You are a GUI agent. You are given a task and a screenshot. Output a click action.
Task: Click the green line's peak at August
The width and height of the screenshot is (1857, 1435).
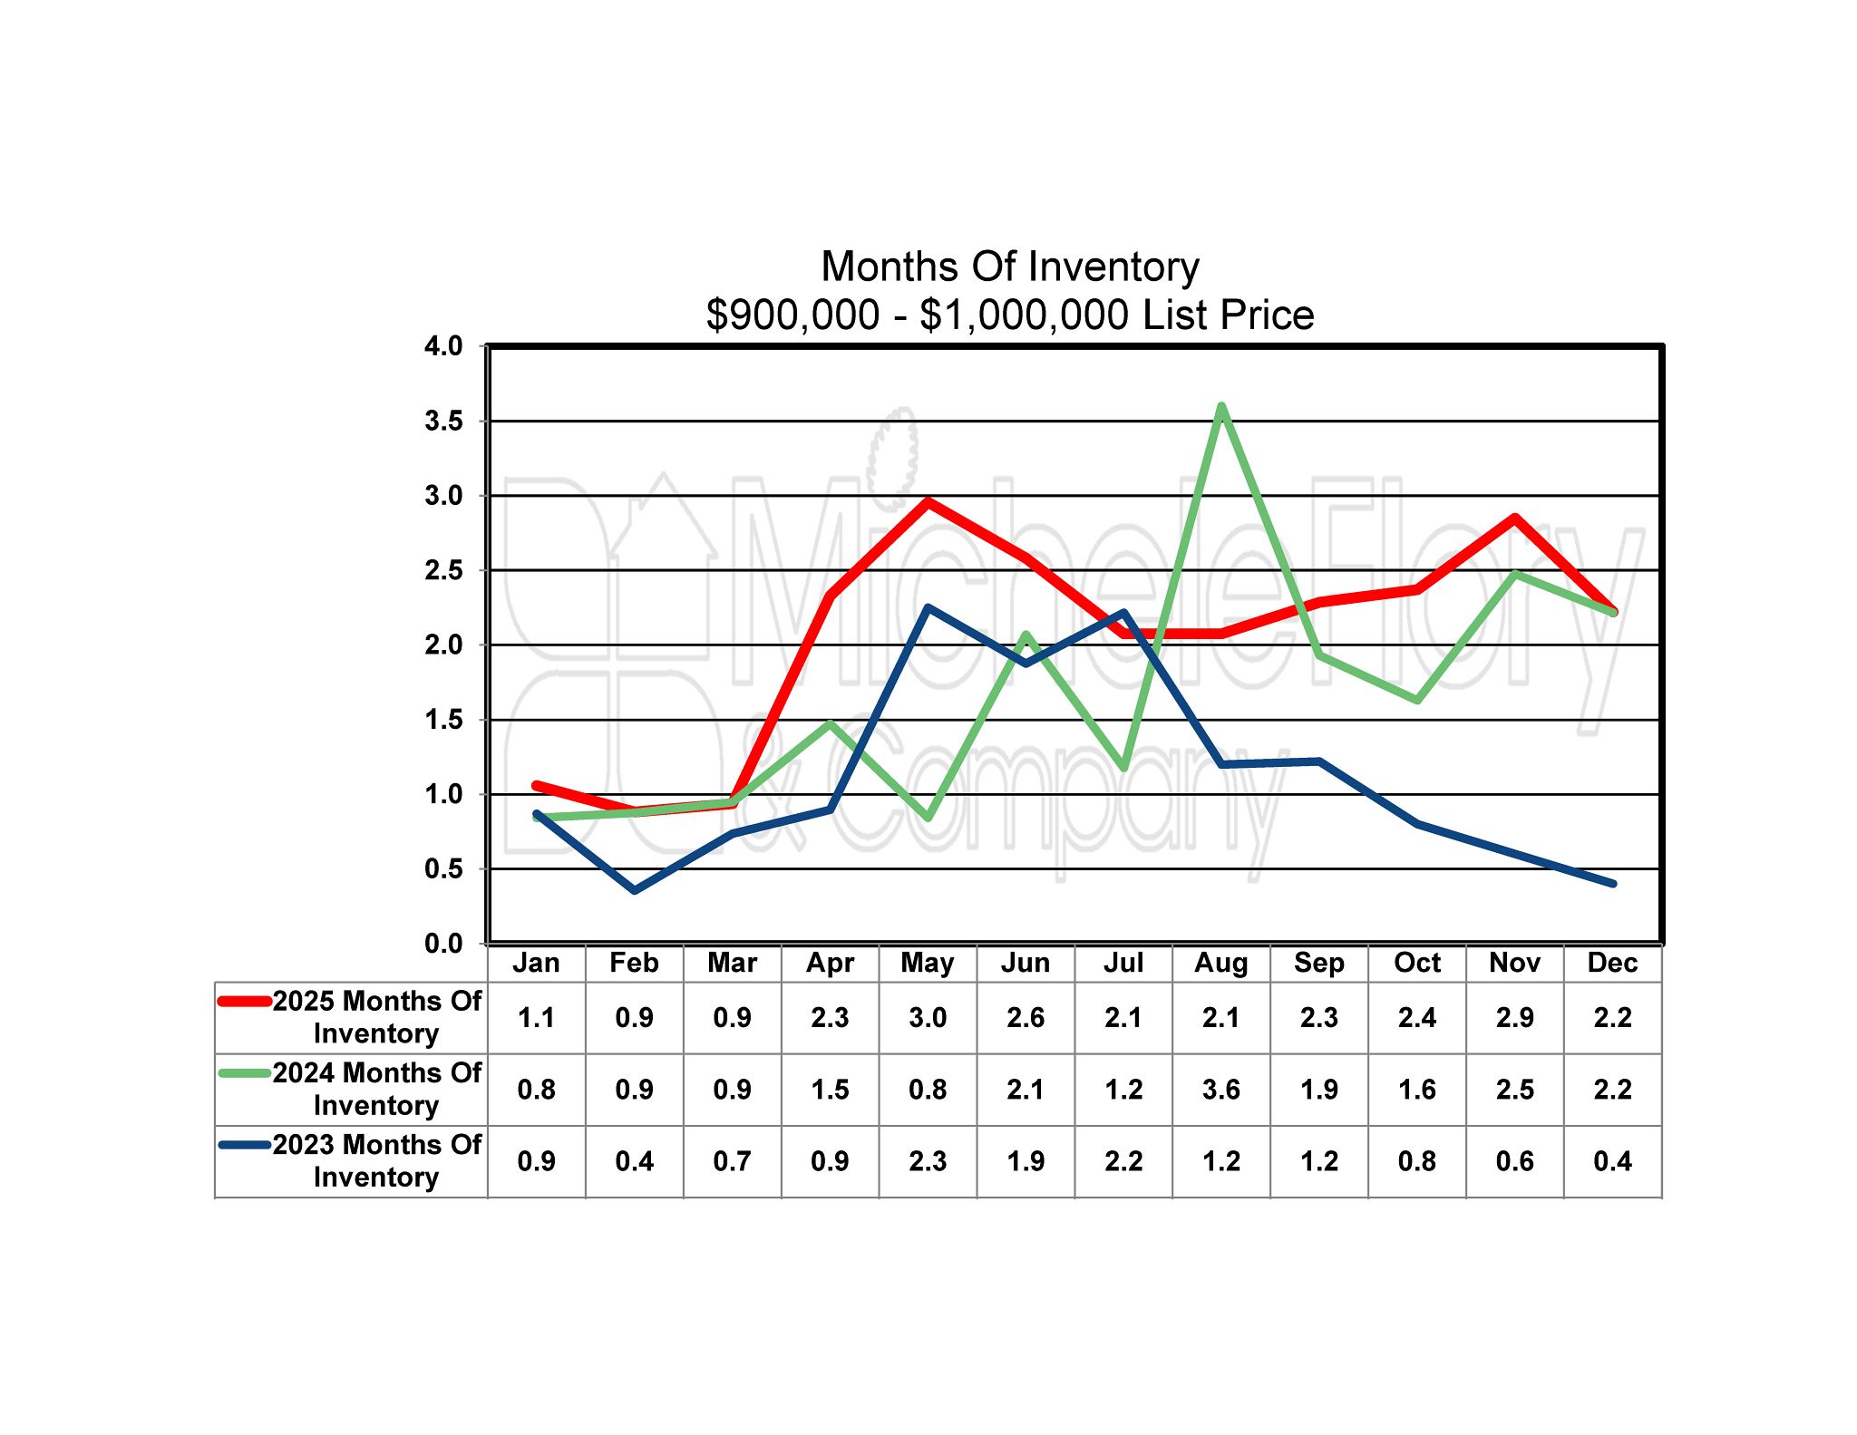pos(1221,406)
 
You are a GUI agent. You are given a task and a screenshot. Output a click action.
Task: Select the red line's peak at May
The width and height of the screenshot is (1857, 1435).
pos(928,500)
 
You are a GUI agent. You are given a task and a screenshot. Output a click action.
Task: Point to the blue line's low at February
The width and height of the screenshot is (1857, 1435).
pos(634,890)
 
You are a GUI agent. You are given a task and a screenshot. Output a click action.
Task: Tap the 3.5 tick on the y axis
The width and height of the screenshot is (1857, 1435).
pos(442,422)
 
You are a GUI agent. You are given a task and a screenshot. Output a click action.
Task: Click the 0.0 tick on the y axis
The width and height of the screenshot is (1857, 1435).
pos(442,944)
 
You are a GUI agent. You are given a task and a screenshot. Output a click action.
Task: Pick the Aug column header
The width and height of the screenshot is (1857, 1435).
pos(1221,963)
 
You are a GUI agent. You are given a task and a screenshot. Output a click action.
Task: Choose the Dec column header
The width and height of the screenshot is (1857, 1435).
pos(1612,963)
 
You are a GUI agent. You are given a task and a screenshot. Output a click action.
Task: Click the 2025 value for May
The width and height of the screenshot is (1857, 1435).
pos(928,1018)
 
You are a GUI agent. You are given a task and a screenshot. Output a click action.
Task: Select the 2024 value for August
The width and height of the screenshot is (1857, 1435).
pos(1221,1090)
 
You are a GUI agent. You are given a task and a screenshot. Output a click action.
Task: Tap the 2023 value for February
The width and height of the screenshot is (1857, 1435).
pos(634,1161)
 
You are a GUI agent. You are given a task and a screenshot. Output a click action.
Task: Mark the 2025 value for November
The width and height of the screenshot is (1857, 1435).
pos(1514,1018)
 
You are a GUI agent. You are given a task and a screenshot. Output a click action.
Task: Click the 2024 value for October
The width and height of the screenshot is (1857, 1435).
pos(1417,1090)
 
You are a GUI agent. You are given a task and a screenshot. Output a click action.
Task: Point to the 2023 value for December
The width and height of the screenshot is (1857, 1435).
pos(1612,1161)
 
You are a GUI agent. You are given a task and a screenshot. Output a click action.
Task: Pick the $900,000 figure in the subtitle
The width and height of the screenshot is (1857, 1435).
pos(792,315)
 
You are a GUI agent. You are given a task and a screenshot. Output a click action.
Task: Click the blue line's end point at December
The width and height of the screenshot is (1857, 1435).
pos(1612,883)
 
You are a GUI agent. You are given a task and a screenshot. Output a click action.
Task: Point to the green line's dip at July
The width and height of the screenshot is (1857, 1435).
pos(1123,767)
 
